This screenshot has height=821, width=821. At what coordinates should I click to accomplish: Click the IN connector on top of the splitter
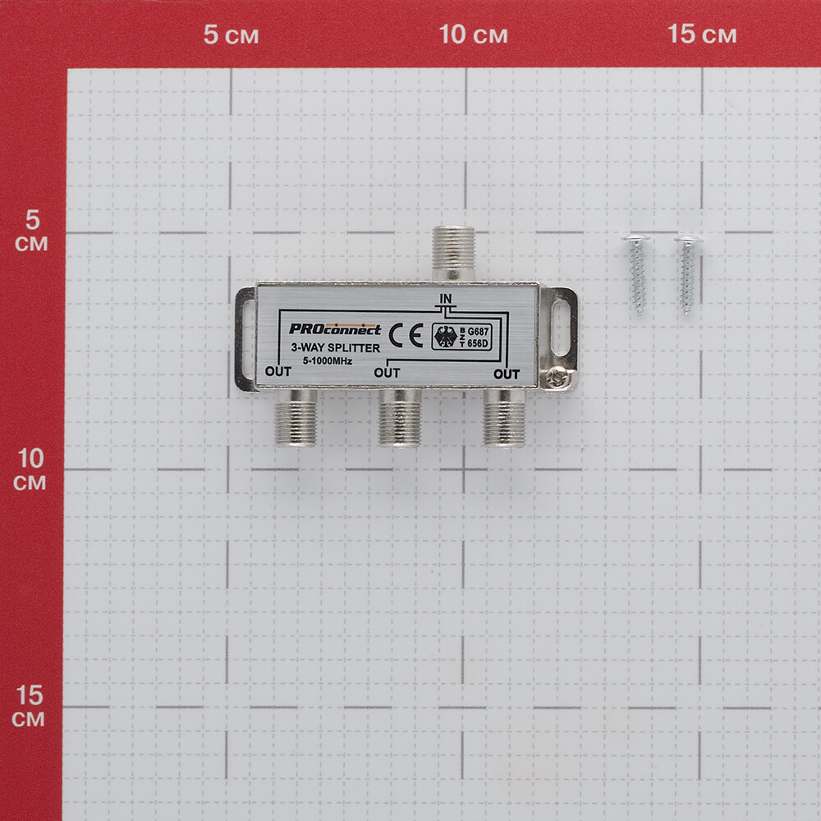pos(453,254)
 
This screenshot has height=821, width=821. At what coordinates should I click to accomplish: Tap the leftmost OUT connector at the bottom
pos(296,418)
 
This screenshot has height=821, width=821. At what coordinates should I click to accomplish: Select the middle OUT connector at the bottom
pos(400,418)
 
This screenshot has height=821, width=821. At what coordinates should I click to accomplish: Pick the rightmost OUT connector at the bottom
pos(504,418)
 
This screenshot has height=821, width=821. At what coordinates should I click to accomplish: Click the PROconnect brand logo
pos(335,329)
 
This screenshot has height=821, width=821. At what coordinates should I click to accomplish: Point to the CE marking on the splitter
pos(406,336)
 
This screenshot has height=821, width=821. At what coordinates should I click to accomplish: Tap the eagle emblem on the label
pos(446,337)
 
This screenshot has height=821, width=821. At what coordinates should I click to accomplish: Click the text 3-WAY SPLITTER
pos(336,347)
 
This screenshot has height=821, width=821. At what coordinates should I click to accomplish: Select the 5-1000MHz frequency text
pos(328,360)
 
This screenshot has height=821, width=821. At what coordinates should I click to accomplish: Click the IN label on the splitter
pos(446,299)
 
